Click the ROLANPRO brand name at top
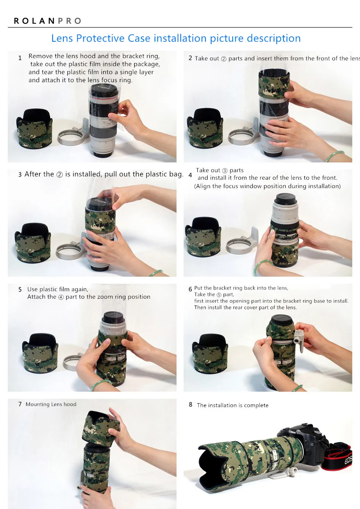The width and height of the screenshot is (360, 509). (x=47, y=21)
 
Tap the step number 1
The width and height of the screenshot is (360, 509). (x=20, y=58)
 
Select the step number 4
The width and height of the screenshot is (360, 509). (x=190, y=175)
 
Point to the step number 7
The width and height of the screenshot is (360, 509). (x=20, y=404)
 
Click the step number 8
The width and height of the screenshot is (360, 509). (x=190, y=405)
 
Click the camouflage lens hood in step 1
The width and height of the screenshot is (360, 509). (x=34, y=128)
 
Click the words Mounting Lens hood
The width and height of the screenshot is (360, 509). (x=51, y=404)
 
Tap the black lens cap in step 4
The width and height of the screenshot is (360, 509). (x=285, y=198)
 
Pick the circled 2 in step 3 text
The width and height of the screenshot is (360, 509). (x=59, y=175)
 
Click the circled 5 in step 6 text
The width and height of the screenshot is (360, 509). (x=219, y=295)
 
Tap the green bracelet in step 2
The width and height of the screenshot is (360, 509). (x=335, y=156)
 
